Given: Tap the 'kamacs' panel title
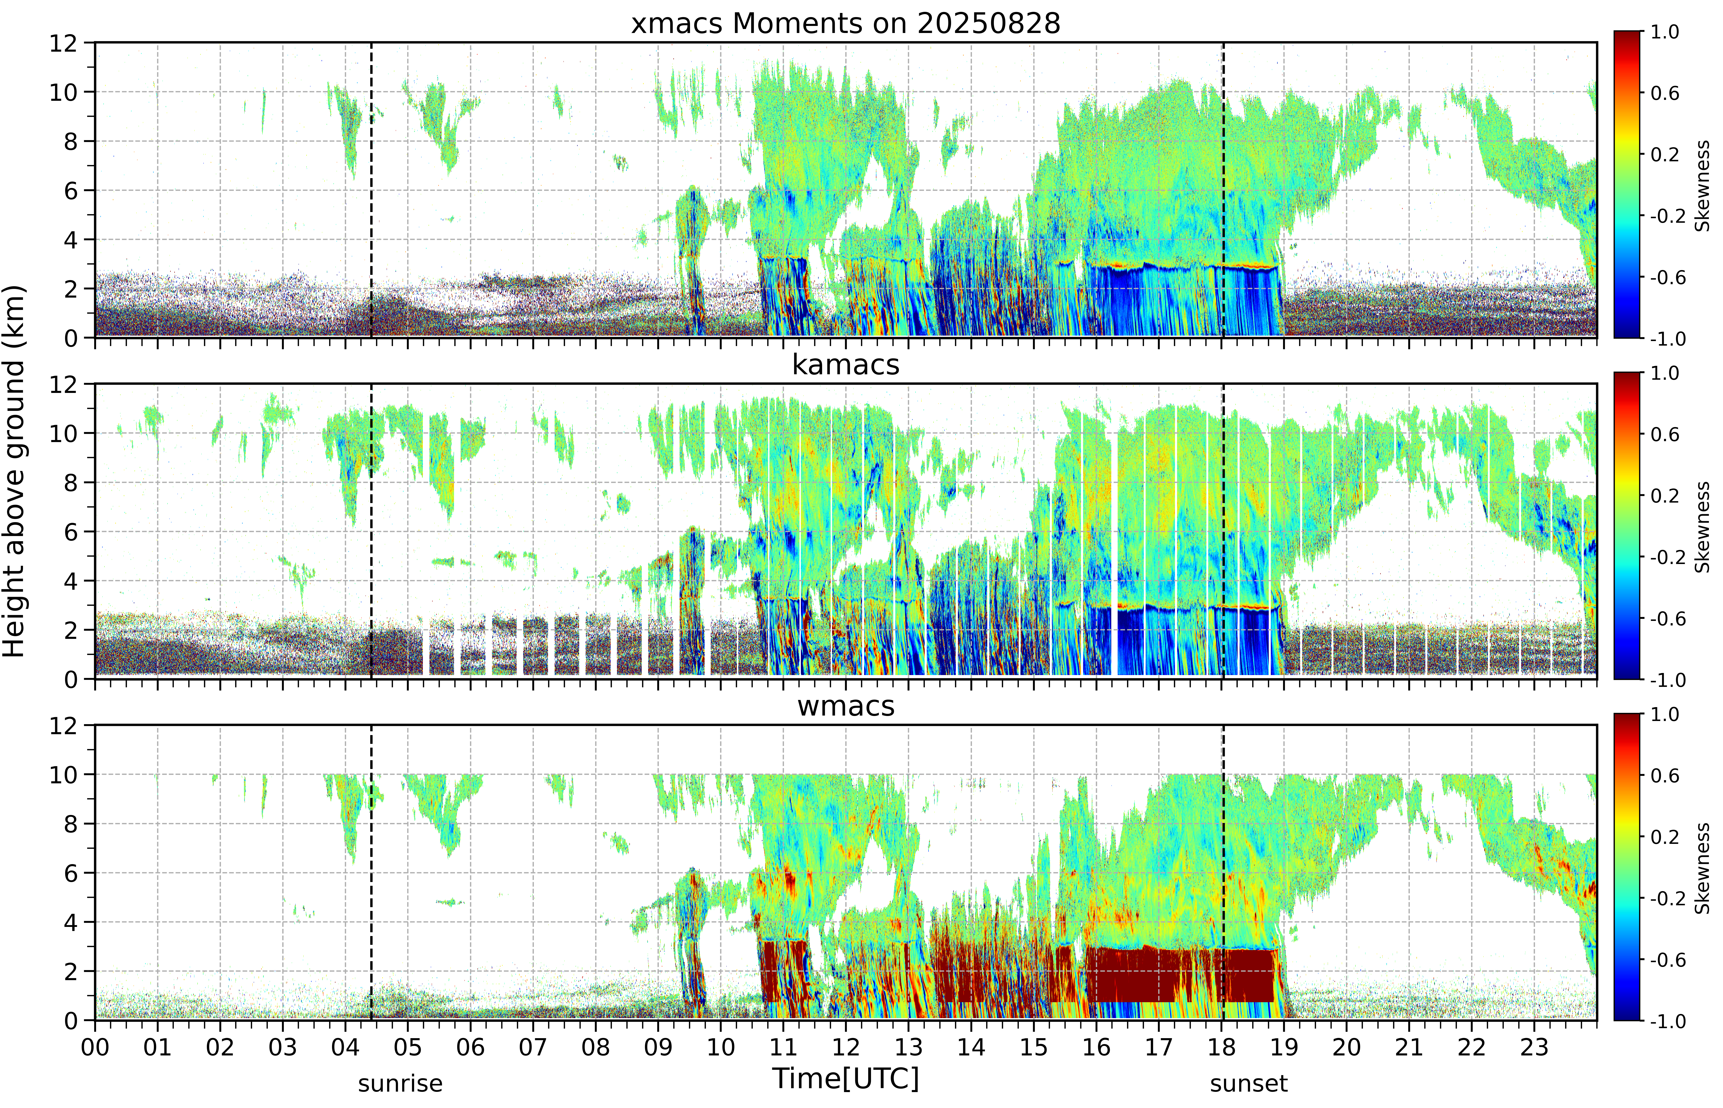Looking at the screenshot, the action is (x=846, y=365).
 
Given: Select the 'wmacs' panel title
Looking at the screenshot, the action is (x=846, y=706).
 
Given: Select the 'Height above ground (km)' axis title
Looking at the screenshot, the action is (x=14, y=471).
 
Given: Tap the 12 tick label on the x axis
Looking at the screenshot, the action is (x=846, y=1047).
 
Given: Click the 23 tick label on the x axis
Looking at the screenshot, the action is (x=1534, y=1047).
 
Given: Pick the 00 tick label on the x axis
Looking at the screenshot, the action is (x=95, y=1047).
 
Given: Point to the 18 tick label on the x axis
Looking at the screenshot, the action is (x=1221, y=1047).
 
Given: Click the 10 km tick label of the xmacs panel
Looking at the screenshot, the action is (x=63, y=92).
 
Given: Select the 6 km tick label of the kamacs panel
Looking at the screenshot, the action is (x=71, y=532).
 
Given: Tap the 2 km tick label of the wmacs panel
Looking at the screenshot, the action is (x=71, y=971).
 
